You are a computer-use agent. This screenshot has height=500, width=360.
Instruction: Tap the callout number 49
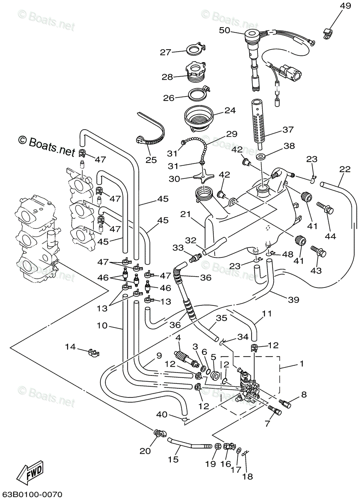[x=345, y=6]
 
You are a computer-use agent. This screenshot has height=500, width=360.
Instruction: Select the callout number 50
[x=224, y=30]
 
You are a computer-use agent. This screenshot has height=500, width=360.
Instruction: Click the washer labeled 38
[x=260, y=157]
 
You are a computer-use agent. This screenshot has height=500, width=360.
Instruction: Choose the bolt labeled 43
[x=319, y=252]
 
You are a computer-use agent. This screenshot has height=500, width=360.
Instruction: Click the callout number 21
[x=186, y=214]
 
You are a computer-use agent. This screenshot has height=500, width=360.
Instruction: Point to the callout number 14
[x=70, y=347]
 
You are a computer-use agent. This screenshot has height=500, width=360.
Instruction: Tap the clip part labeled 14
[x=94, y=353]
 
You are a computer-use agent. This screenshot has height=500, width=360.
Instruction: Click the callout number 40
[x=162, y=415]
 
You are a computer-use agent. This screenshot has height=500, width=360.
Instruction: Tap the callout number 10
[x=102, y=325]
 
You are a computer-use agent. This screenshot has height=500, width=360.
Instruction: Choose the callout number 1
[x=302, y=364]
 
